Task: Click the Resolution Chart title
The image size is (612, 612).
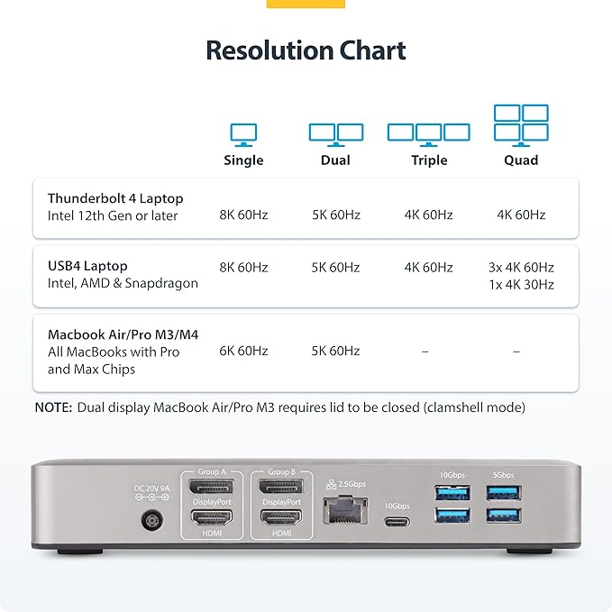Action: click(x=306, y=50)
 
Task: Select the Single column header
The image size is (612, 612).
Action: click(x=243, y=160)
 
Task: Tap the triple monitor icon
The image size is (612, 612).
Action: click(x=428, y=132)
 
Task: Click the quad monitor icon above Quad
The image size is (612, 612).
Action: click(x=521, y=124)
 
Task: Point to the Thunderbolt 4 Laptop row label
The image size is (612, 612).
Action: click(x=114, y=198)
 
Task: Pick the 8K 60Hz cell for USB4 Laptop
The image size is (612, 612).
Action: click(x=243, y=268)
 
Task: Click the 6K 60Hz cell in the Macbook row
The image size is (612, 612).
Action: click(x=243, y=351)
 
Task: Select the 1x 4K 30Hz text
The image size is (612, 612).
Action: click(x=521, y=285)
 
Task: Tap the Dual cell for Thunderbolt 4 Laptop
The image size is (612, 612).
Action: click(x=336, y=215)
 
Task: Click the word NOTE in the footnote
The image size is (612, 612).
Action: click(x=53, y=407)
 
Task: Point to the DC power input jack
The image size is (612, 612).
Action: click(x=151, y=520)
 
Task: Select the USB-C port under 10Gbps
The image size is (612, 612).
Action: click(x=397, y=522)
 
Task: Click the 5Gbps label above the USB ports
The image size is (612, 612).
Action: click(x=503, y=474)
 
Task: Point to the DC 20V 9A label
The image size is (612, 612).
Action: click(x=151, y=489)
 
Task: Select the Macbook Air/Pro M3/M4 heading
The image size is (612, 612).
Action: click(x=123, y=334)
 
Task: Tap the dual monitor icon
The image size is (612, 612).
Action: click(x=336, y=133)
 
